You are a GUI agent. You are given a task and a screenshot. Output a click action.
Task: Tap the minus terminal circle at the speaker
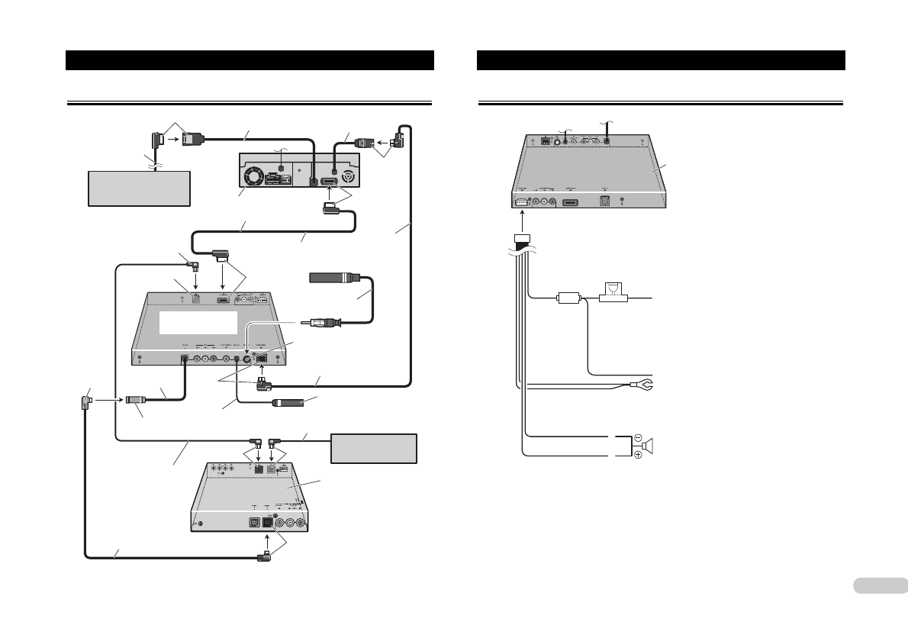pos(638,438)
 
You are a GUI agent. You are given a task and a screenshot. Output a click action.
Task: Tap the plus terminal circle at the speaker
pos(638,456)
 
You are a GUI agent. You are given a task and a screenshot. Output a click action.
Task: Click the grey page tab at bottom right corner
pos(877,585)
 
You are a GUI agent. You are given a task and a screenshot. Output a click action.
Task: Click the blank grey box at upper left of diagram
pos(137,188)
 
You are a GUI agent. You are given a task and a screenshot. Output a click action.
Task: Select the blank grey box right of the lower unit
pos(374,448)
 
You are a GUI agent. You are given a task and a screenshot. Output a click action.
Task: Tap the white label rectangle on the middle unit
pos(198,321)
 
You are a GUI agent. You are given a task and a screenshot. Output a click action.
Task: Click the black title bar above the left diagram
pos(250,60)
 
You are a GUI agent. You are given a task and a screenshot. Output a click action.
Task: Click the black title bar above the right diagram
pos(661,60)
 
